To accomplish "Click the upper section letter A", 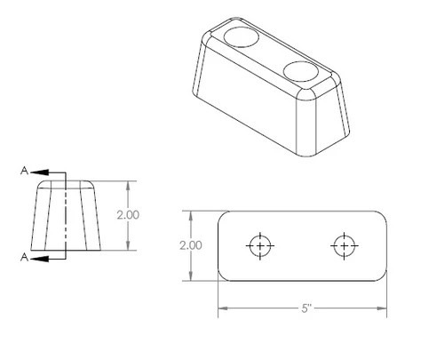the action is [25, 171].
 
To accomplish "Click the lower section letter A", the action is [25, 257].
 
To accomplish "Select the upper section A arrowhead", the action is [39, 172].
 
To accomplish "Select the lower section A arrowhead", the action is [39, 259].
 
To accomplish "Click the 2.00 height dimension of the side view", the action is [128, 215].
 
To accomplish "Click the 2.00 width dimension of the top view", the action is [191, 245].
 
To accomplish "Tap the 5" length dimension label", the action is [306, 308].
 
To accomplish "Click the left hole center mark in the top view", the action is [260, 246].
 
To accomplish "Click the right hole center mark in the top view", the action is [345, 246].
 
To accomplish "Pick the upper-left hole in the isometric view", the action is [242, 37].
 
